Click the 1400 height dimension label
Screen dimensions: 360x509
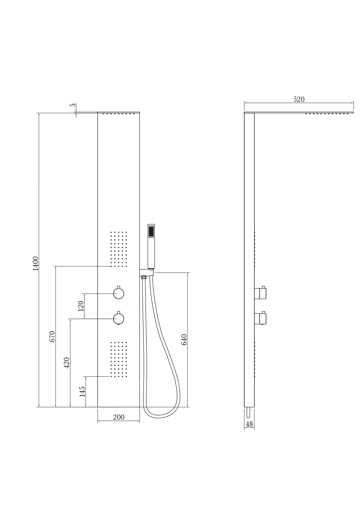[35, 263]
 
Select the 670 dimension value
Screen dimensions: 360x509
[52, 336]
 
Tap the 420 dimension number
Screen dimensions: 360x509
[66, 363]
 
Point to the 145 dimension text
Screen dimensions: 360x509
[82, 392]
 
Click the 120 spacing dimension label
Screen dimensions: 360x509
[81, 306]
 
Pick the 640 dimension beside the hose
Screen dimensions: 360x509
[184, 340]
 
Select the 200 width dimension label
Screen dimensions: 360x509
[119, 417]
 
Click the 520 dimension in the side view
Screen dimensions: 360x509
[299, 99]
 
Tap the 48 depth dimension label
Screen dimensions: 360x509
[249, 424]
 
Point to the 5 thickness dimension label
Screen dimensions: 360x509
[73, 105]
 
